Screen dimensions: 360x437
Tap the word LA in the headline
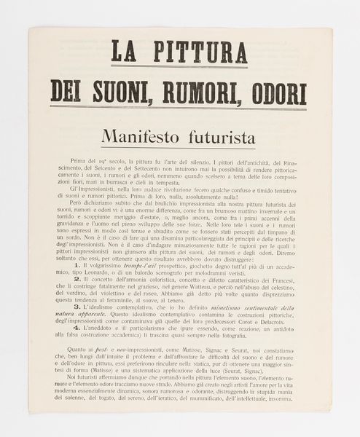tap(125, 52)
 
